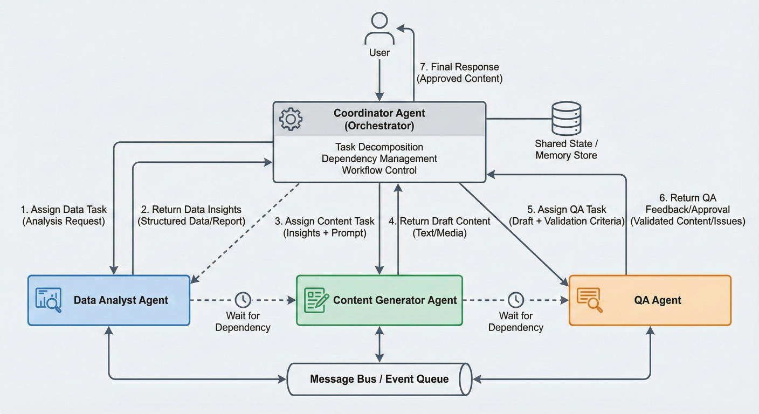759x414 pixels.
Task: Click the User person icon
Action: [x=379, y=30]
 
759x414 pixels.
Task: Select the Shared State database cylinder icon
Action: [x=565, y=119]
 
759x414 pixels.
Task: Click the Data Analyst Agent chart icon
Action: [x=49, y=300]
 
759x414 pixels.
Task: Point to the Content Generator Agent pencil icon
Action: [x=316, y=300]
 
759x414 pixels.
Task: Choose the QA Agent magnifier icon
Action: [x=590, y=300]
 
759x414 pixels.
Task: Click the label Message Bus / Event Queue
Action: [x=379, y=379]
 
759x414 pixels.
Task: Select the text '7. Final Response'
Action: [x=459, y=67]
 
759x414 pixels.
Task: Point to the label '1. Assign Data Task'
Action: [x=64, y=209]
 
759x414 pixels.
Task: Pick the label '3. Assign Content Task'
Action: [x=325, y=221]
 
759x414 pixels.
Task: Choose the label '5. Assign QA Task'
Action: [x=567, y=209]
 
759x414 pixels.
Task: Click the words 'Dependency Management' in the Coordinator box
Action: [x=379, y=158]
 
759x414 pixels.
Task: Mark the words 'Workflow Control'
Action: [x=379, y=170]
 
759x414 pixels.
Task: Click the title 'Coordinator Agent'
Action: [x=379, y=113]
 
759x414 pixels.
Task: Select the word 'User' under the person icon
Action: [x=379, y=53]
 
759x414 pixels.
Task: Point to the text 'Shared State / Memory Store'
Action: [x=565, y=149]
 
